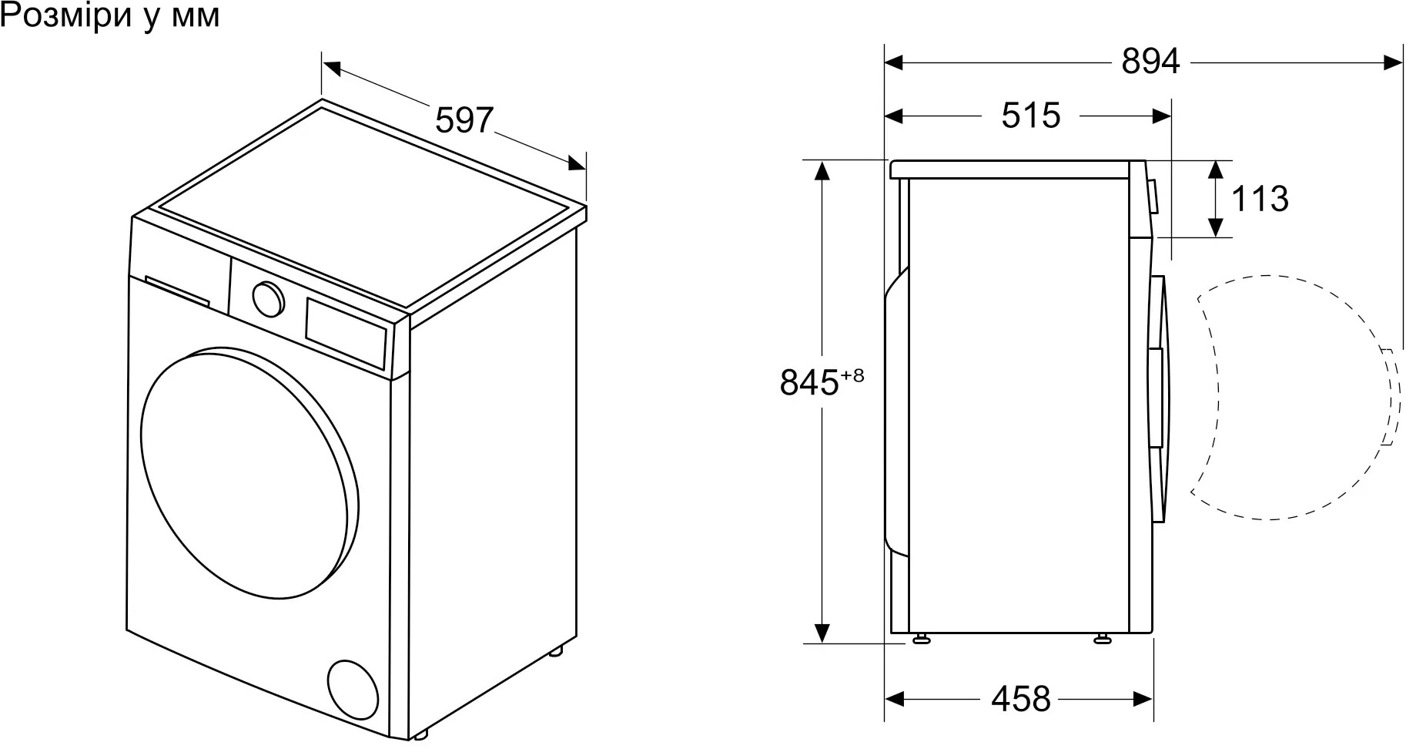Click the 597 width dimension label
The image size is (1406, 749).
click(x=464, y=120)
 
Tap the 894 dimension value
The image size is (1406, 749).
click(x=1150, y=61)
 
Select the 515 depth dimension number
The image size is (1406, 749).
click(x=1031, y=116)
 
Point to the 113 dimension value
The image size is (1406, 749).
click(x=1260, y=199)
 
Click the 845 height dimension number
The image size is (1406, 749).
click(x=808, y=382)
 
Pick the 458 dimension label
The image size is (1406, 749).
click(x=1020, y=699)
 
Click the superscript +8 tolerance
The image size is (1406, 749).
click(x=852, y=375)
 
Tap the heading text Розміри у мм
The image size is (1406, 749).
click(x=110, y=15)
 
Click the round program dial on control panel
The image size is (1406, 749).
click(x=267, y=298)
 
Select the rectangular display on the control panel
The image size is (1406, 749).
click(x=346, y=332)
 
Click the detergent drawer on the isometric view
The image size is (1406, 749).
click(x=178, y=291)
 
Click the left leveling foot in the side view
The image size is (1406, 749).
click(x=921, y=639)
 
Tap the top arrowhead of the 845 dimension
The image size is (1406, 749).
click(x=822, y=170)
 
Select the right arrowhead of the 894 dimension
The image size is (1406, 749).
click(x=1393, y=61)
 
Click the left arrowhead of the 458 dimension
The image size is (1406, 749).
click(x=894, y=699)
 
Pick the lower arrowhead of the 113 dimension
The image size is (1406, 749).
click(x=1215, y=227)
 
